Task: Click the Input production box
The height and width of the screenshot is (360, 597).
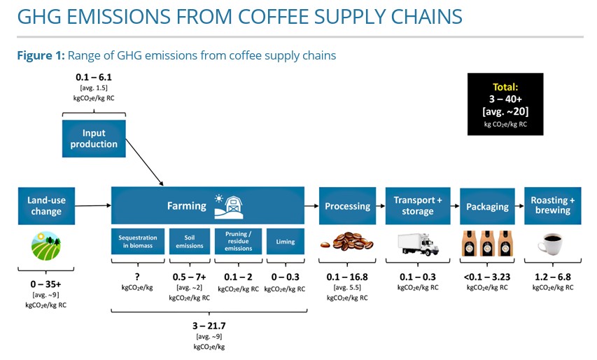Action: (93, 139)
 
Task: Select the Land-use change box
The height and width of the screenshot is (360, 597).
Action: (46, 206)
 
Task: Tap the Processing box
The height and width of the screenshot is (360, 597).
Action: (347, 206)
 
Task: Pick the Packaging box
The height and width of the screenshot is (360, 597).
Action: (487, 206)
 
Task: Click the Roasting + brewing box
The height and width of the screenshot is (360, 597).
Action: (553, 206)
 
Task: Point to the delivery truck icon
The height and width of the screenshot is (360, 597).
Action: (418, 243)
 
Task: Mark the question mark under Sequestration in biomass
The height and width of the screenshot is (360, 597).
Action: (138, 277)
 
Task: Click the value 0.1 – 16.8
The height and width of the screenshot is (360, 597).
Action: (347, 277)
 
